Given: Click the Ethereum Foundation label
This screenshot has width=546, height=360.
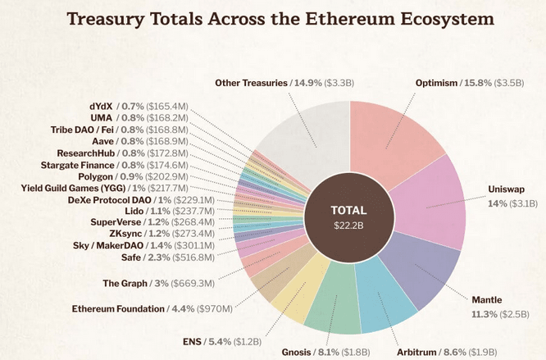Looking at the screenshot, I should click(x=152, y=309).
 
